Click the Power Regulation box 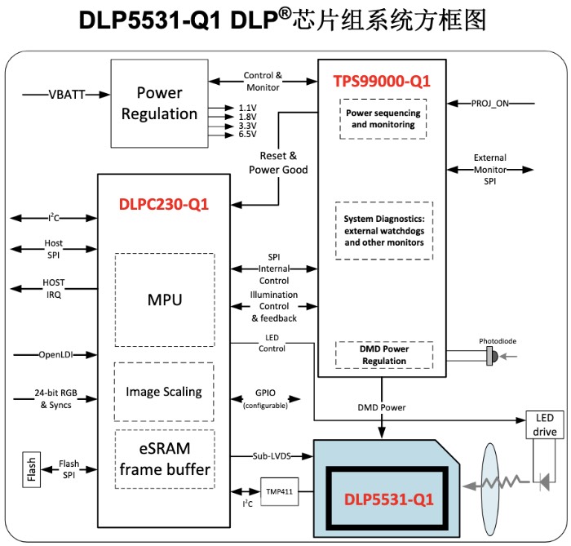click(159, 103)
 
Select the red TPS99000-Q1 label click(382, 81)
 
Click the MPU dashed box click(164, 300)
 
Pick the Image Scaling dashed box click(164, 392)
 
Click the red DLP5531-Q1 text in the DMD click(387, 497)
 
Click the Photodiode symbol click(491, 355)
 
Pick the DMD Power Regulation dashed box click(383, 355)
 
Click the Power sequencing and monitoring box click(383, 119)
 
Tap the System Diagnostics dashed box click(383, 230)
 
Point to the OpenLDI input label click(55, 355)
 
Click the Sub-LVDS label click(272, 456)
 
